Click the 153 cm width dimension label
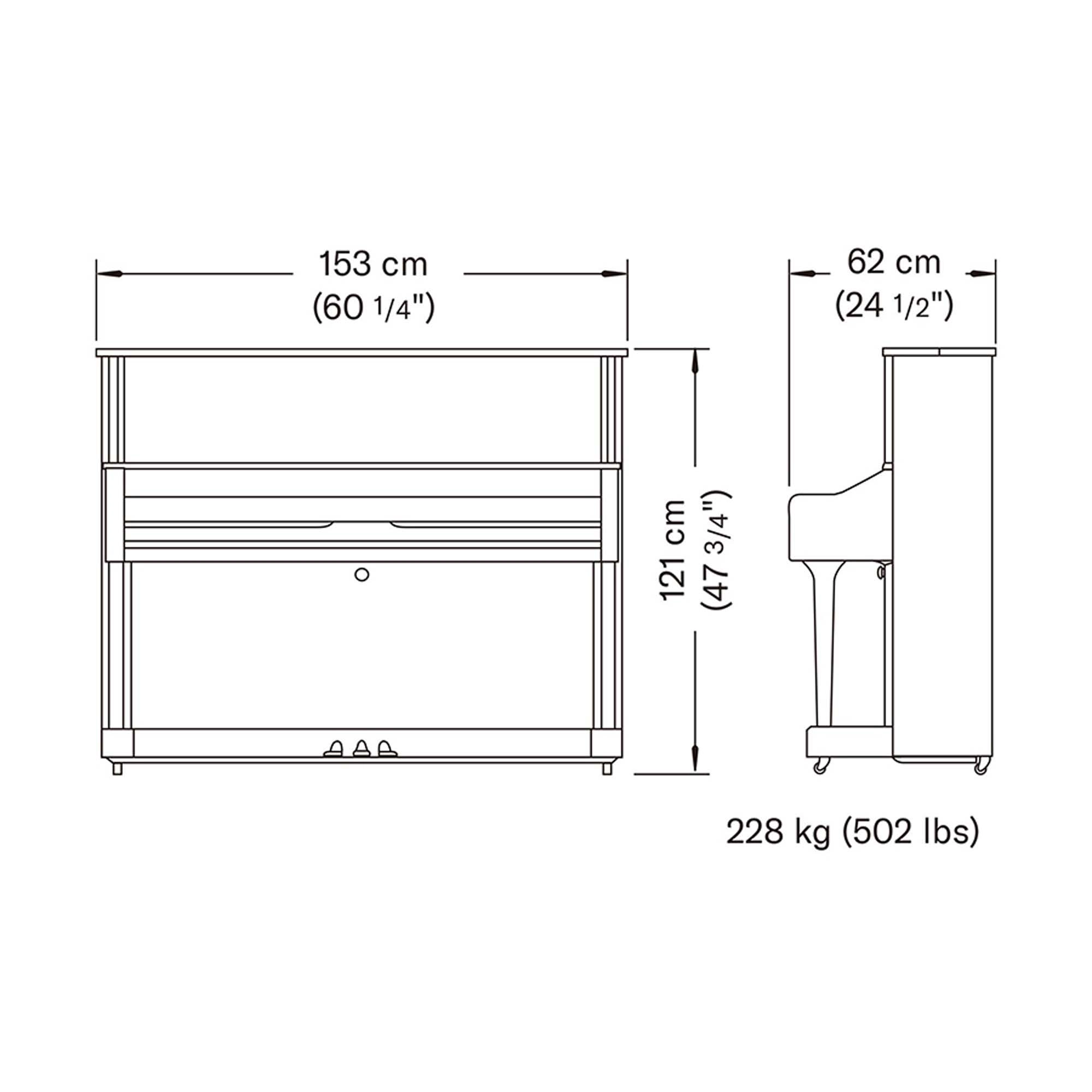(x=373, y=264)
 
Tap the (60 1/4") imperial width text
(x=373, y=308)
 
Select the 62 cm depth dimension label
(x=894, y=262)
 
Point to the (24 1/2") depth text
(x=894, y=306)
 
